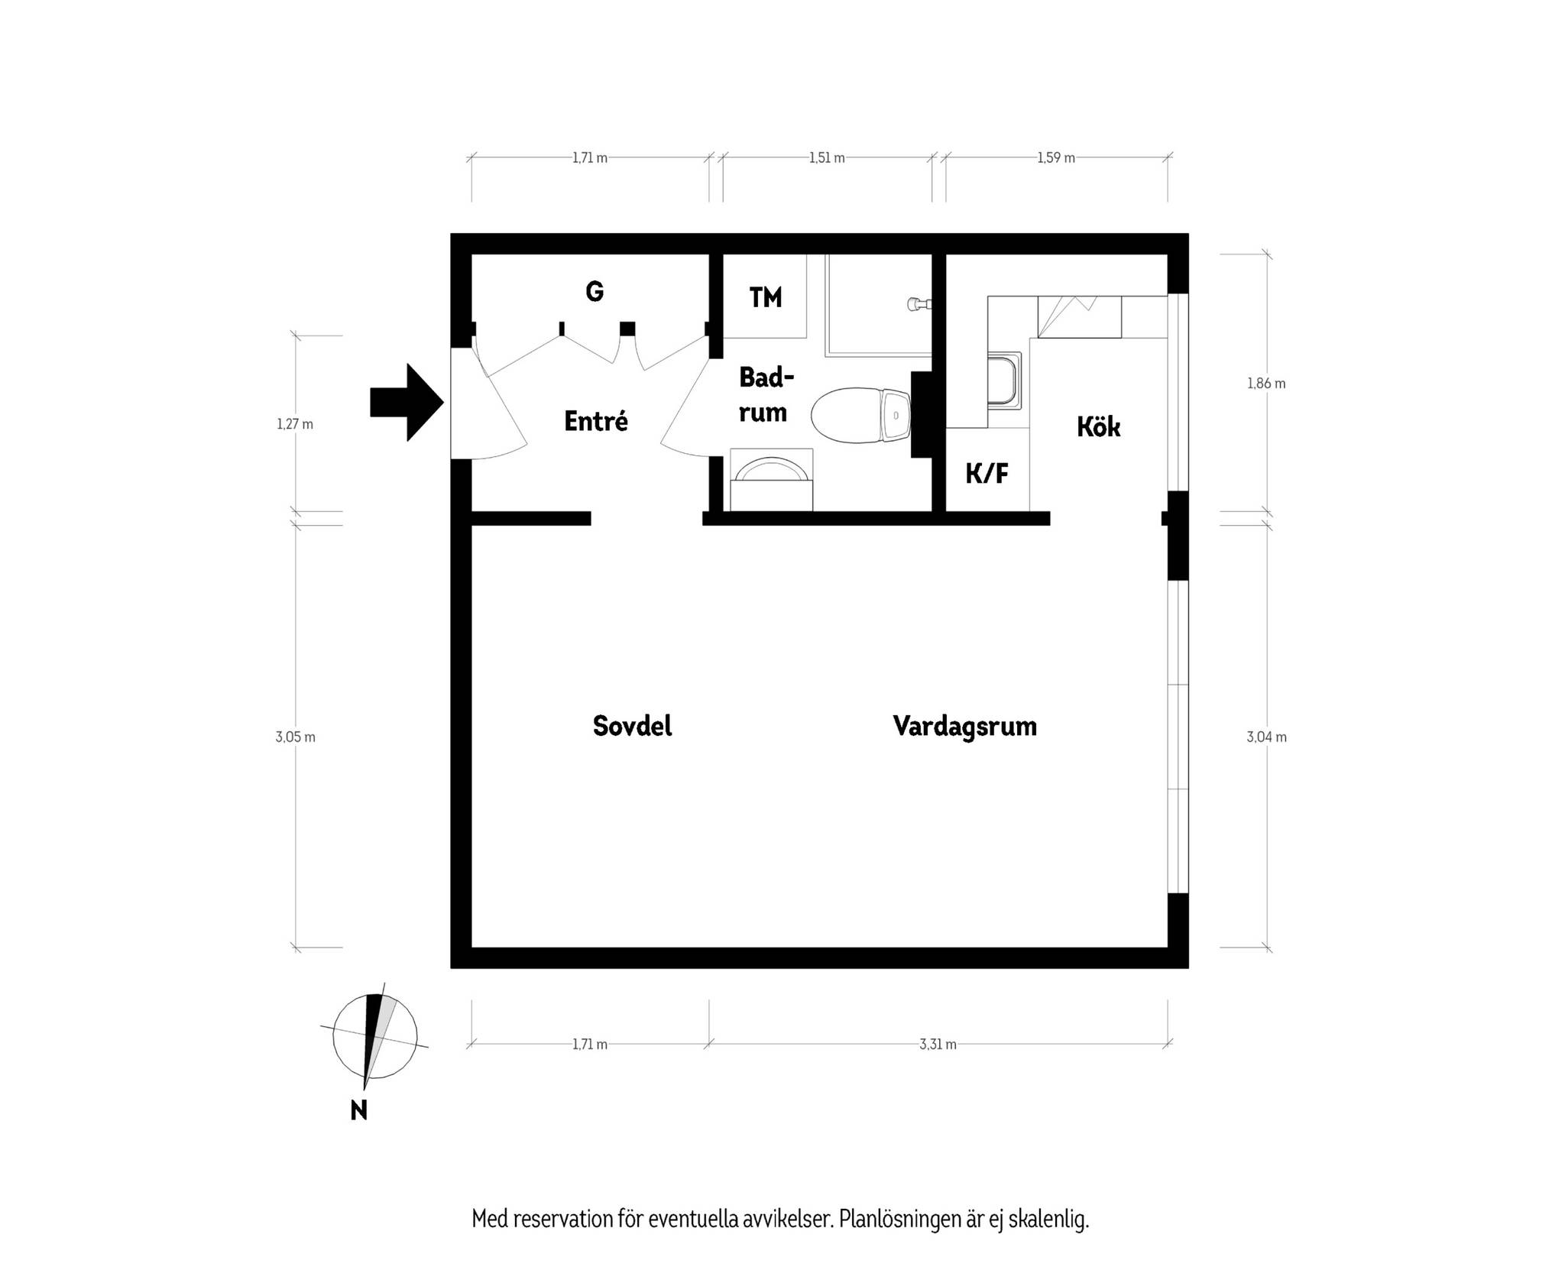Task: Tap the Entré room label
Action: [596, 421]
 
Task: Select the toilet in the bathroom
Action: [860, 416]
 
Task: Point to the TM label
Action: [766, 297]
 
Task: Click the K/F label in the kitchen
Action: [987, 474]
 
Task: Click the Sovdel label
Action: [632, 725]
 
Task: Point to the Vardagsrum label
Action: [964, 726]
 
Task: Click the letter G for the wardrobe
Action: [595, 291]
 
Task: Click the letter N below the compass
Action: [358, 1109]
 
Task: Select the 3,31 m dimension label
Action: [938, 1045]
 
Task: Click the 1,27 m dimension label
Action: [295, 424]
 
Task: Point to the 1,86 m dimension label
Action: [1266, 384]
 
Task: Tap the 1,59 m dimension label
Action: [1056, 158]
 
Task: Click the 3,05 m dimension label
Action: [295, 737]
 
